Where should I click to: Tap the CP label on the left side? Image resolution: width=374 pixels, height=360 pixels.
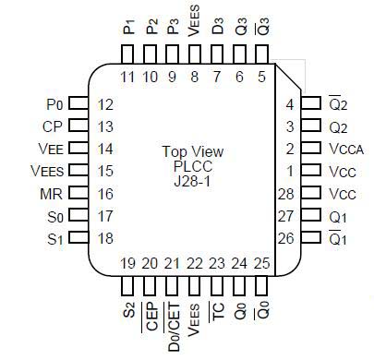coord(53,126)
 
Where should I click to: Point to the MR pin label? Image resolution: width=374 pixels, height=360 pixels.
coord(52,194)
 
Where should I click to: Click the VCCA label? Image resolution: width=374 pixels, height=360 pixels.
coord(345,149)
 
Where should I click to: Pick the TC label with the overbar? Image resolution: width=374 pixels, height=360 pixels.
coord(218,309)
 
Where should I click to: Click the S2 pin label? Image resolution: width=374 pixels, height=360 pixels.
coord(128,306)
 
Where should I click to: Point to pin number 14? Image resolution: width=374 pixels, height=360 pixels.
coord(105,149)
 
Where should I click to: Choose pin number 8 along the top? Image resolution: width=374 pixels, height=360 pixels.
coord(195,76)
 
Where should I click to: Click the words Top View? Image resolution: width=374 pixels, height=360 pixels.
coord(192,151)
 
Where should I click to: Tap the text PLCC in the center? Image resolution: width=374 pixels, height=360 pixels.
coord(192,167)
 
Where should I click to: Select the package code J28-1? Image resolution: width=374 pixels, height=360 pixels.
coord(192,183)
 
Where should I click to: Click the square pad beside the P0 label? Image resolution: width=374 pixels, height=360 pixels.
coord(79,104)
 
